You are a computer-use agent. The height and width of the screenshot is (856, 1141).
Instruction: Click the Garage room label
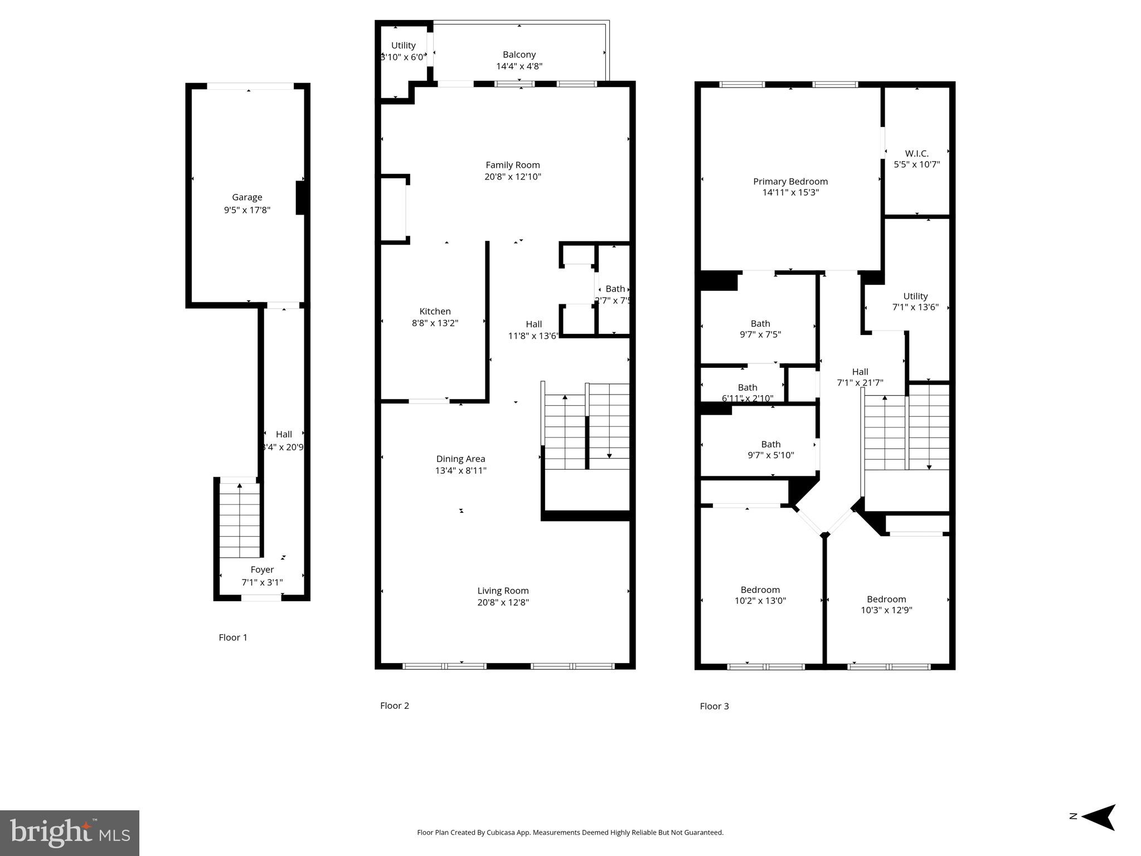247,197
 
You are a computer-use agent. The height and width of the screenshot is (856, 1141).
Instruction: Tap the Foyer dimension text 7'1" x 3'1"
262,582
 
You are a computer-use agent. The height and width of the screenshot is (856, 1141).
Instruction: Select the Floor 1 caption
232,638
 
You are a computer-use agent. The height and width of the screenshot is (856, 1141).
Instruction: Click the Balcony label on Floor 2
519,55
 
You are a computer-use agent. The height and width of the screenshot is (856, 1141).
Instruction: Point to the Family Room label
512,165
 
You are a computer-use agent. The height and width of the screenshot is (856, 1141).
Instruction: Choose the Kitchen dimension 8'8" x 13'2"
435,323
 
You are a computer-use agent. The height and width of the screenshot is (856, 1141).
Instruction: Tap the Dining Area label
460,459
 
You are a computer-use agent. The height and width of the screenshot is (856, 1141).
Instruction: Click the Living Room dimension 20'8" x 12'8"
503,602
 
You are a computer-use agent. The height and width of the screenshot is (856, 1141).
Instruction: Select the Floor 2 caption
394,706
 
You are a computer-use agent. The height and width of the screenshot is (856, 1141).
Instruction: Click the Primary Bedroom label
790,182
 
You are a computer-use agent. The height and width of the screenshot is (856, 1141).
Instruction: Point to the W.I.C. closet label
916,153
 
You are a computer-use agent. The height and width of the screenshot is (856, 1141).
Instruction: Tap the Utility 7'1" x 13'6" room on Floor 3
915,301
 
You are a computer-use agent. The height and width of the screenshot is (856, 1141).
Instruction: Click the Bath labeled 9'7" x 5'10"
770,449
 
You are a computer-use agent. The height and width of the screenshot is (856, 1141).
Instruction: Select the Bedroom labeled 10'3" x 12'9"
886,605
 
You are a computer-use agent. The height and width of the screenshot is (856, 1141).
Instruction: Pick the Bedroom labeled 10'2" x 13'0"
760,595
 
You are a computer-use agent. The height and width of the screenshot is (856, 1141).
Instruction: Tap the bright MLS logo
70,833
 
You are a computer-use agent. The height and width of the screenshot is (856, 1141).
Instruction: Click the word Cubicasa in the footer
499,833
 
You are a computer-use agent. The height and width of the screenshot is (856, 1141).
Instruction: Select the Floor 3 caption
714,706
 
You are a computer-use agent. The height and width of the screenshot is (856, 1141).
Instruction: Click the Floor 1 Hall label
284,434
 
